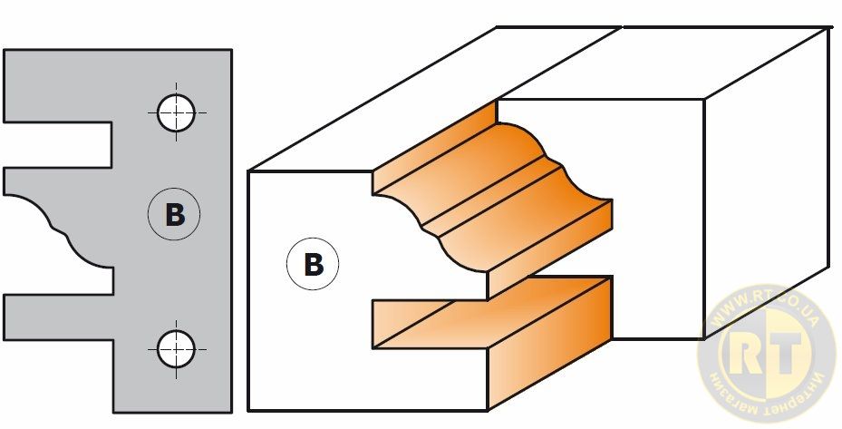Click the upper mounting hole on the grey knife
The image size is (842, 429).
pyautogui.click(x=176, y=112)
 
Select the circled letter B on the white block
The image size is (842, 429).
pyautogui.click(x=313, y=265)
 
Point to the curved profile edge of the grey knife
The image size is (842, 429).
pyautogui.click(x=54, y=227)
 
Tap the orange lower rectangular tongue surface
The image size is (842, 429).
pyautogui.click(x=489, y=308)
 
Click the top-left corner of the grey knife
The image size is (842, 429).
pyautogui.click(x=5, y=51)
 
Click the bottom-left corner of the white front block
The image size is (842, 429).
pyautogui.click(x=248, y=411)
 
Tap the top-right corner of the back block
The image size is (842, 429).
pyautogui.click(x=830, y=28)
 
